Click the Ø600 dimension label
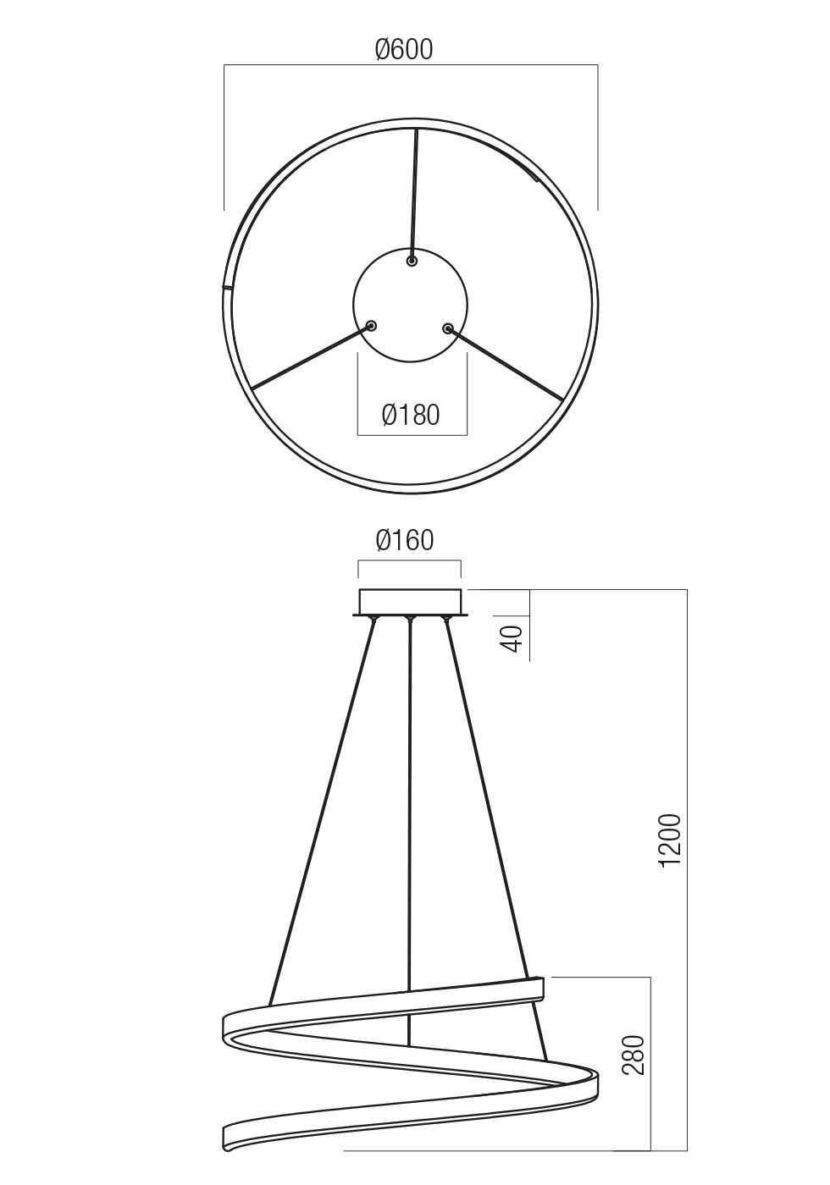tap(404, 50)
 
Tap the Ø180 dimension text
tap(411, 415)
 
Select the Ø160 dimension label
tap(404, 540)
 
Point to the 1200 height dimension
tap(670, 841)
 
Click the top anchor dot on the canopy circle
tap(412, 262)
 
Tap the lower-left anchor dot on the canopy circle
tap(371, 326)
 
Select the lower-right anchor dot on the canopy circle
tap(447, 328)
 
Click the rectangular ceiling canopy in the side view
tap(411, 601)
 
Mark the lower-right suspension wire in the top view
tap(508, 365)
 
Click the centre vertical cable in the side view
tap(409, 804)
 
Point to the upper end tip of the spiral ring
tap(539, 988)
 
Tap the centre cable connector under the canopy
tap(409, 622)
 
